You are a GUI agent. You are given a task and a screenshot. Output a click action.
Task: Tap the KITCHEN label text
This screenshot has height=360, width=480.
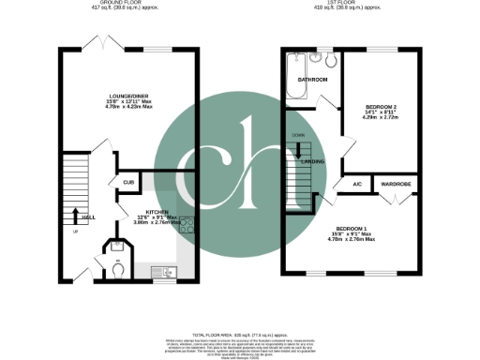pos(157,212)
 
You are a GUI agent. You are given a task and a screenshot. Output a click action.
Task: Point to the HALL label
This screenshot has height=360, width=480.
pos(87,217)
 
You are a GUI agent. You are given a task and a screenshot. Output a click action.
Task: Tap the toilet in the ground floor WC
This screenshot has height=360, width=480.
pos(116,268)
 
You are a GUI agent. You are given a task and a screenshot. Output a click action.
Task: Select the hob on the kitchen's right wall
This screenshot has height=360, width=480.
pos(187,225)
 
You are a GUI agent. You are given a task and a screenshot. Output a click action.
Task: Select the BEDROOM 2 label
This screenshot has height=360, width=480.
pos(382,108)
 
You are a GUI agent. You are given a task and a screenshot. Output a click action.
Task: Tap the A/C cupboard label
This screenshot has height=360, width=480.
pos(357,183)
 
